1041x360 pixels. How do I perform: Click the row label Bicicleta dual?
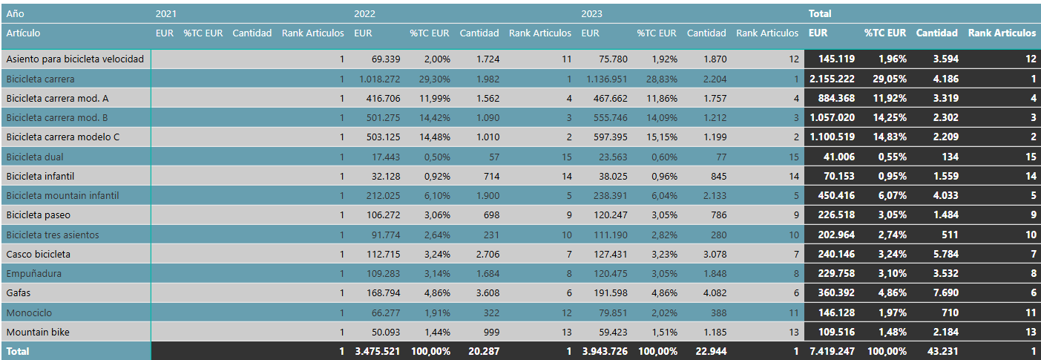35,157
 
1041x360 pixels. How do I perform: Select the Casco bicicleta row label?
39,254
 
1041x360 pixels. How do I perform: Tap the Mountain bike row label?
38,332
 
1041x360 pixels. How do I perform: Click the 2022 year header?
364,13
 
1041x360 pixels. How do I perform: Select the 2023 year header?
591,13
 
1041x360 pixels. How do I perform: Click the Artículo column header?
23,33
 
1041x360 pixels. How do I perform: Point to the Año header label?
15,13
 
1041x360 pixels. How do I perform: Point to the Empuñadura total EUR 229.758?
836,274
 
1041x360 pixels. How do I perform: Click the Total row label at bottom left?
18,351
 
